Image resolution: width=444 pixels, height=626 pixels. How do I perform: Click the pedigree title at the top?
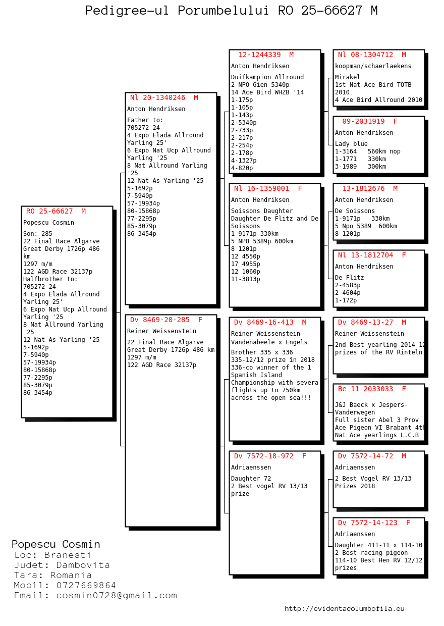pos(231,11)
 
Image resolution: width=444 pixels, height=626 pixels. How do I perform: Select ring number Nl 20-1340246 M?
pos(164,97)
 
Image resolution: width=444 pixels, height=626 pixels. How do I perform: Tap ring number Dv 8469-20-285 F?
pos(166,320)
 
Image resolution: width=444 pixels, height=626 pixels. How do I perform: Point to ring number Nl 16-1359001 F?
pos(268,188)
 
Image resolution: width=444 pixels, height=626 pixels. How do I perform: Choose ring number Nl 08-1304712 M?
pos(372,55)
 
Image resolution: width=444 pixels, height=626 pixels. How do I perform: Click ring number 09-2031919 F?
pos(370,121)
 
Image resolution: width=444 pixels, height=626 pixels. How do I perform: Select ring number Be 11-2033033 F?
pos(372,389)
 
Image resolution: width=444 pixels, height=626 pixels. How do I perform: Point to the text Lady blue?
pos(351,144)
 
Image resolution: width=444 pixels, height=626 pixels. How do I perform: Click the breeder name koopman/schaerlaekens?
pos(366,66)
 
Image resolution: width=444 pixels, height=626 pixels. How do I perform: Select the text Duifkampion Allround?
pos(267,77)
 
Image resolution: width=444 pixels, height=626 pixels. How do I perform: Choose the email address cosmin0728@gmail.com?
pos(117,595)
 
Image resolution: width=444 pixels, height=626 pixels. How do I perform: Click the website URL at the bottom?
pos(344,608)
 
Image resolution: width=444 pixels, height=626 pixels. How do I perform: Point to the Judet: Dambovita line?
pos(62,565)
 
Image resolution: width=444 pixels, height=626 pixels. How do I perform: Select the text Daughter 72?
pos(251,479)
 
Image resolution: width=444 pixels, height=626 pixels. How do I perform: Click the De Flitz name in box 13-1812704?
pos(349,278)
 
